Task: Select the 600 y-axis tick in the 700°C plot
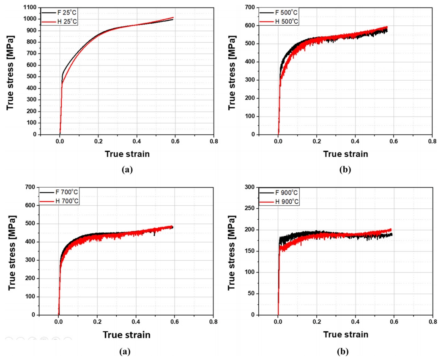pyautogui.click(x=30, y=205)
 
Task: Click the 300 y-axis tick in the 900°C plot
pyautogui.click(x=250, y=187)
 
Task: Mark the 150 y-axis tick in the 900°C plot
pyautogui.click(x=250, y=251)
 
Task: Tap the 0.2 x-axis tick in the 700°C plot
pyautogui.click(x=97, y=322)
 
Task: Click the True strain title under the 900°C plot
pyautogui.click(x=345, y=334)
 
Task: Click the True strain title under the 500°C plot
pyautogui.click(x=345, y=154)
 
